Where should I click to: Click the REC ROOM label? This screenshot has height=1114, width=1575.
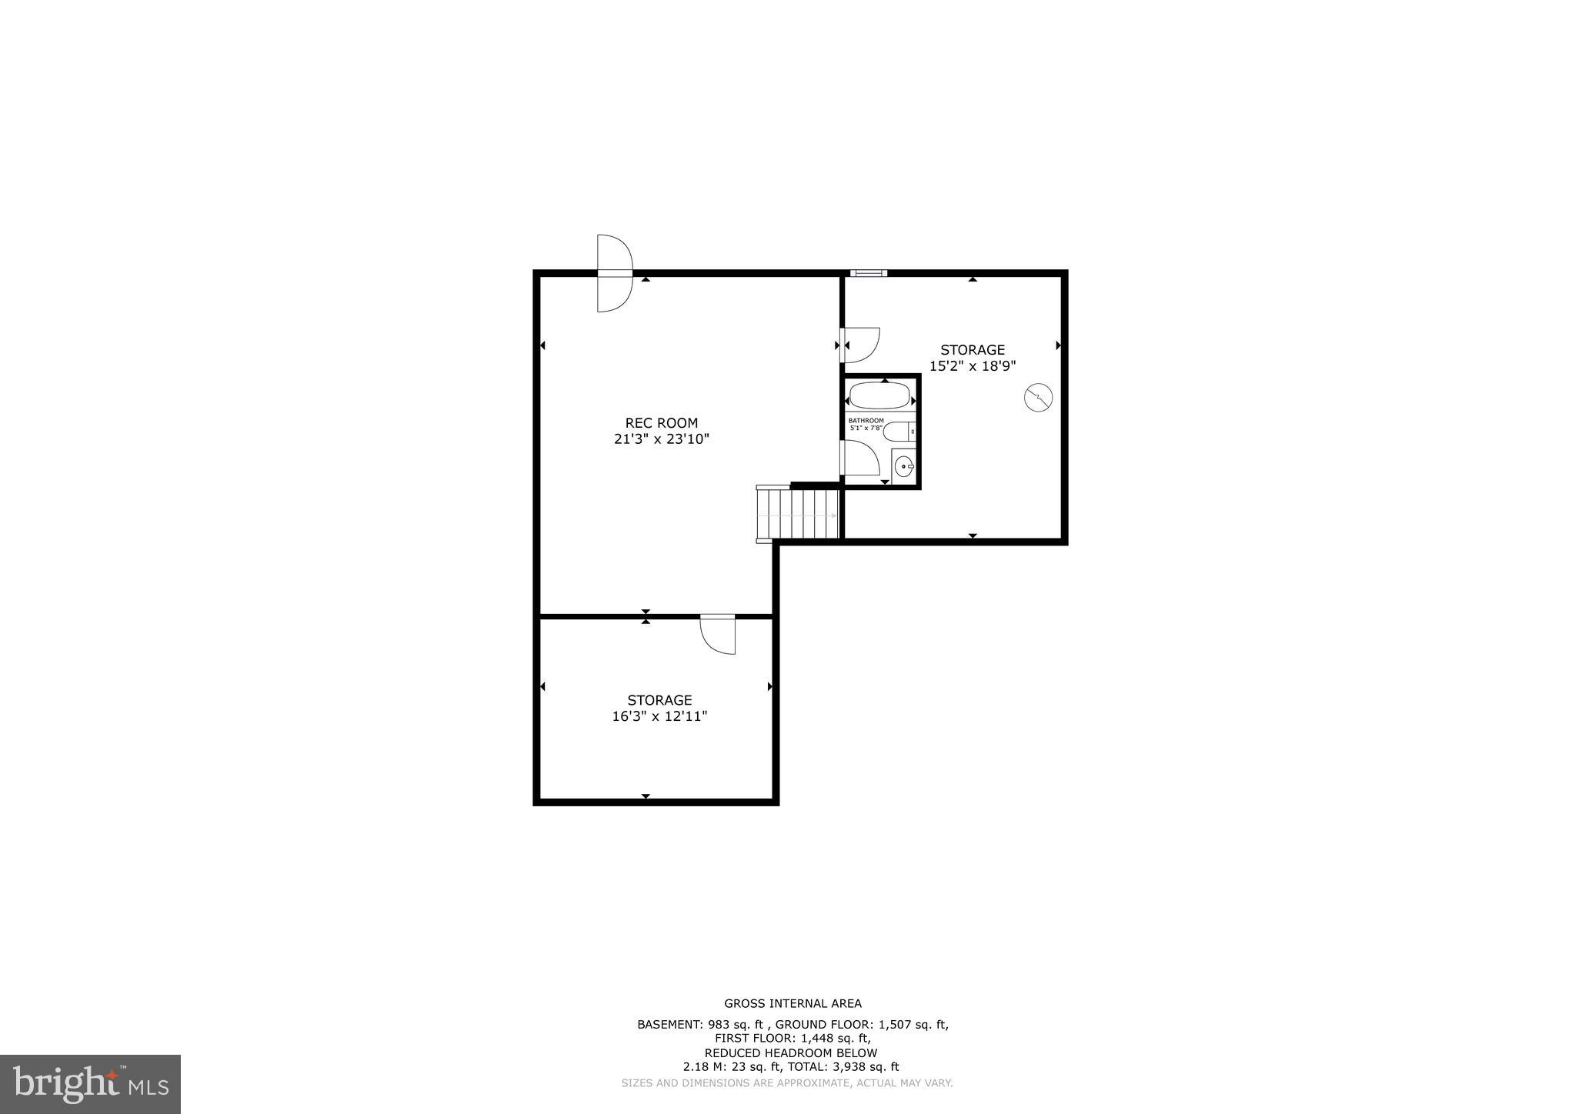click(661, 423)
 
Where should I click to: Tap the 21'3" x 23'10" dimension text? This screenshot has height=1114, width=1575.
click(661, 439)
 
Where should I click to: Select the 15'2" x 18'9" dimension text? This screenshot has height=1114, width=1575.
click(973, 366)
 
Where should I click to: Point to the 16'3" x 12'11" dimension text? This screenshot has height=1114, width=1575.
click(659, 716)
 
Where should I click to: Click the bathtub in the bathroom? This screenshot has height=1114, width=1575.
click(879, 397)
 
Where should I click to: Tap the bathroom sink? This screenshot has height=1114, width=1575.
click(904, 465)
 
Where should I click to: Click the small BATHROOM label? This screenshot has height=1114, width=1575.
click(866, 421)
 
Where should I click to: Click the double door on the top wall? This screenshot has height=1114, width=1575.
click(614, 273)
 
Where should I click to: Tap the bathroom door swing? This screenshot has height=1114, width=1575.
click(861, 459)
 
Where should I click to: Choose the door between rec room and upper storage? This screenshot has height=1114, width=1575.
click(859, 345)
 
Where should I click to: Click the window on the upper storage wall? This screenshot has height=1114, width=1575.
click(869, 273)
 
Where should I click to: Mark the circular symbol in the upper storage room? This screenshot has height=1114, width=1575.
click(1038, 398)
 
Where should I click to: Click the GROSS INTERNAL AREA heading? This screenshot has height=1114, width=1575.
click(793, 1003)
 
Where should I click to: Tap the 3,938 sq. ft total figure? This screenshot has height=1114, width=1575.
click(869, 1067)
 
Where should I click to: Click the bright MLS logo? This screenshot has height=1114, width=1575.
click(90, 1084)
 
